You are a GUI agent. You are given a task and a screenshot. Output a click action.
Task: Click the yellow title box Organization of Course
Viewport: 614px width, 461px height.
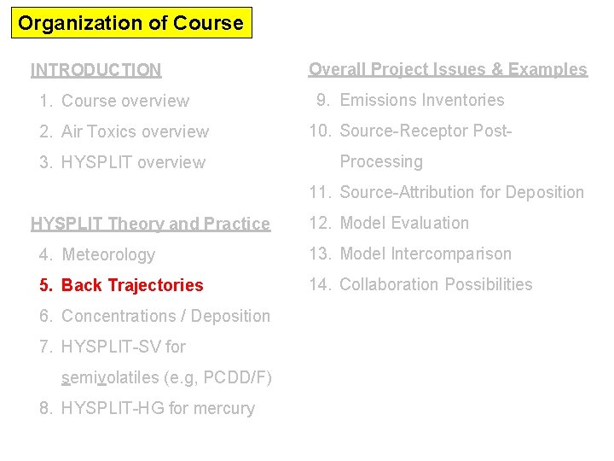pyautogui.click(x=131, y=23)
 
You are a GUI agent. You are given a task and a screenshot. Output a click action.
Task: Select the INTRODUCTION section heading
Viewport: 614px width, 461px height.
pyautogui.click(x=96, y=70)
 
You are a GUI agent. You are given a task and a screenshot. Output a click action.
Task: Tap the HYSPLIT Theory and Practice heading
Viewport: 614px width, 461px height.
pyautogui.click(x=150, y=224)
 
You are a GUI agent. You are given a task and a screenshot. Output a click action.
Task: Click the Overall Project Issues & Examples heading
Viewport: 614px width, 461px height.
pyautogui.click(x=448, y=69)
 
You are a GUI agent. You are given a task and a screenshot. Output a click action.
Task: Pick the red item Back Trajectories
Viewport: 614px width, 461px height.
pyautogui.click(x=132, y=285)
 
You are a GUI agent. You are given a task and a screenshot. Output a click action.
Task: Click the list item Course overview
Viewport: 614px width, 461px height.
pyautogui.click(x=125, y=101)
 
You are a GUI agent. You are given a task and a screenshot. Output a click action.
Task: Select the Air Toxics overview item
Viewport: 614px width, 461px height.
pyautogui.click(x=135, y=131)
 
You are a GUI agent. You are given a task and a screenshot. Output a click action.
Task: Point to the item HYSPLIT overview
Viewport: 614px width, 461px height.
pyautogui.click(x=133, y=162)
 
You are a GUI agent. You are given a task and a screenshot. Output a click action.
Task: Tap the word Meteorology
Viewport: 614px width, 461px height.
pyautogui.click(x=108, y=254)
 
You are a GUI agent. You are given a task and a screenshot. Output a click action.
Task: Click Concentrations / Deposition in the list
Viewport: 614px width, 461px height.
pyautogui.click(x=165, y=316)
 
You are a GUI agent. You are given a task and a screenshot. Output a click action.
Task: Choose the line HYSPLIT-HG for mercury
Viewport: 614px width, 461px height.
pyautogui.click(x=158, y=408)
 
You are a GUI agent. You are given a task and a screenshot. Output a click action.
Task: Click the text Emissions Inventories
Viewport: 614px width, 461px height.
pyautogui.click(x=422, y=100)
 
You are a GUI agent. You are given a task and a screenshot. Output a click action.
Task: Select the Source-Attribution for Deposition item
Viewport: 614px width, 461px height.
pyautogui.click(x=461, y=192)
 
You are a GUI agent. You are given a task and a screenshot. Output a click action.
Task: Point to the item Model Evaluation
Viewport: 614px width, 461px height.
pyautogui.click(x=404, y=223)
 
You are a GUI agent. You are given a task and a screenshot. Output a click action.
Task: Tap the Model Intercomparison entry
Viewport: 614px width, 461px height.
pyautogui.click(x=426, y=254)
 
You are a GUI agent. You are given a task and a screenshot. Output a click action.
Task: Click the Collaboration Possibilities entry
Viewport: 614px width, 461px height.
pyautogui.click(x=436, y=284)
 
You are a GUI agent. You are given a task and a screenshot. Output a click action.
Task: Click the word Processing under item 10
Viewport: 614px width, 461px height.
pyautogui.click(x=381, y=161)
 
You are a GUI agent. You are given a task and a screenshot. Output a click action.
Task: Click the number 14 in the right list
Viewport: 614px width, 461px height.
pyautogui.click(x=319, y=284)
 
